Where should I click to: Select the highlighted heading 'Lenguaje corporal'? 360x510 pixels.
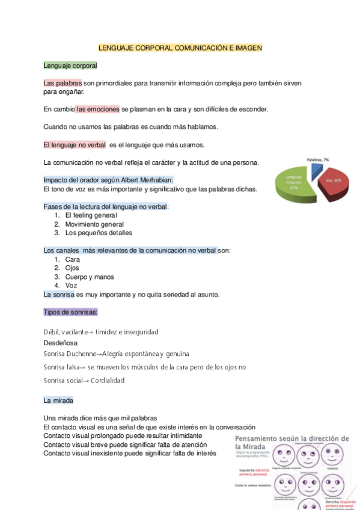[x=70, y=65]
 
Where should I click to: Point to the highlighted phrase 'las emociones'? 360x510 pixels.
[x=98, y=109]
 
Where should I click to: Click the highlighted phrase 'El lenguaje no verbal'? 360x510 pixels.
[x=75, y=145]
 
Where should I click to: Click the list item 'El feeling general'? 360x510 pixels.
[x=91, y=215]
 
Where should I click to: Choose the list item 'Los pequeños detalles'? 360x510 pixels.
[x=98, y=233]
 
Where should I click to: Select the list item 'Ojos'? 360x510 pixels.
[x=72, y=268]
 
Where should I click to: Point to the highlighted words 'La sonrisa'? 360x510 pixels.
[x=59, y=295]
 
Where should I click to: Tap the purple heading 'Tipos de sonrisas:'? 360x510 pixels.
[x=70, y=312]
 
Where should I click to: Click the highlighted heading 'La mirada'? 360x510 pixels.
[x=58, y=400]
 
